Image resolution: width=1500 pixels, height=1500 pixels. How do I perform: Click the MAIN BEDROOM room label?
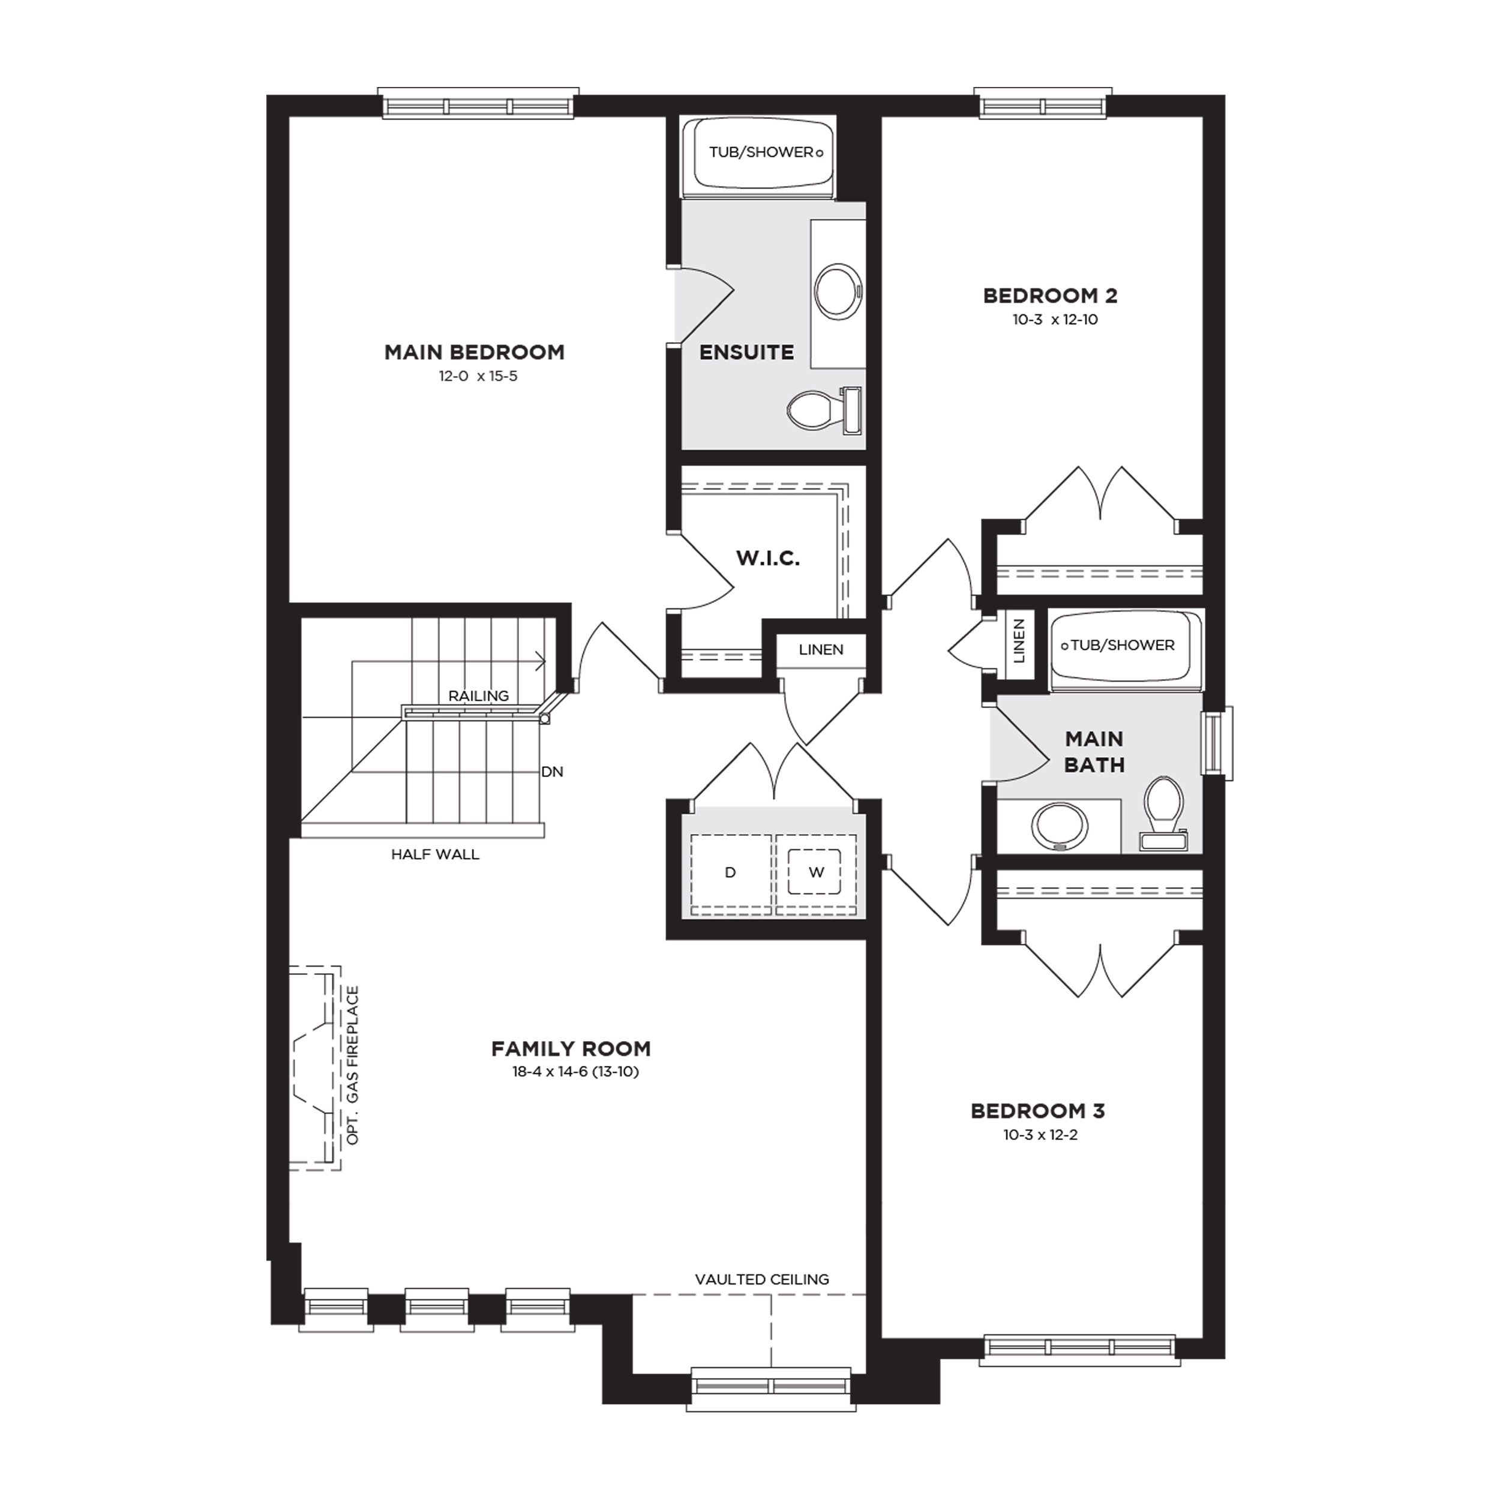475,352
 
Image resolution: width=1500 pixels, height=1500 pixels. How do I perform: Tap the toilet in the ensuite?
824,409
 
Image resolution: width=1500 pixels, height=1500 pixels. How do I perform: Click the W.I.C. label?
768,558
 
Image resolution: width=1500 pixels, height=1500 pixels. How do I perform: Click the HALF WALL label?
435,855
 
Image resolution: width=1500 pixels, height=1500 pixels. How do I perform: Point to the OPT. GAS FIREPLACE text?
353,1065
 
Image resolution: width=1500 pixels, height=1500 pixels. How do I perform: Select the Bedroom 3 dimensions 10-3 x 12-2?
1040,1135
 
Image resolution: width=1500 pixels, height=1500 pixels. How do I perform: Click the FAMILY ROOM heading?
571,1049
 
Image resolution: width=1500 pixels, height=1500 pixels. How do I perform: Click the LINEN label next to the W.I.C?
821,650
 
